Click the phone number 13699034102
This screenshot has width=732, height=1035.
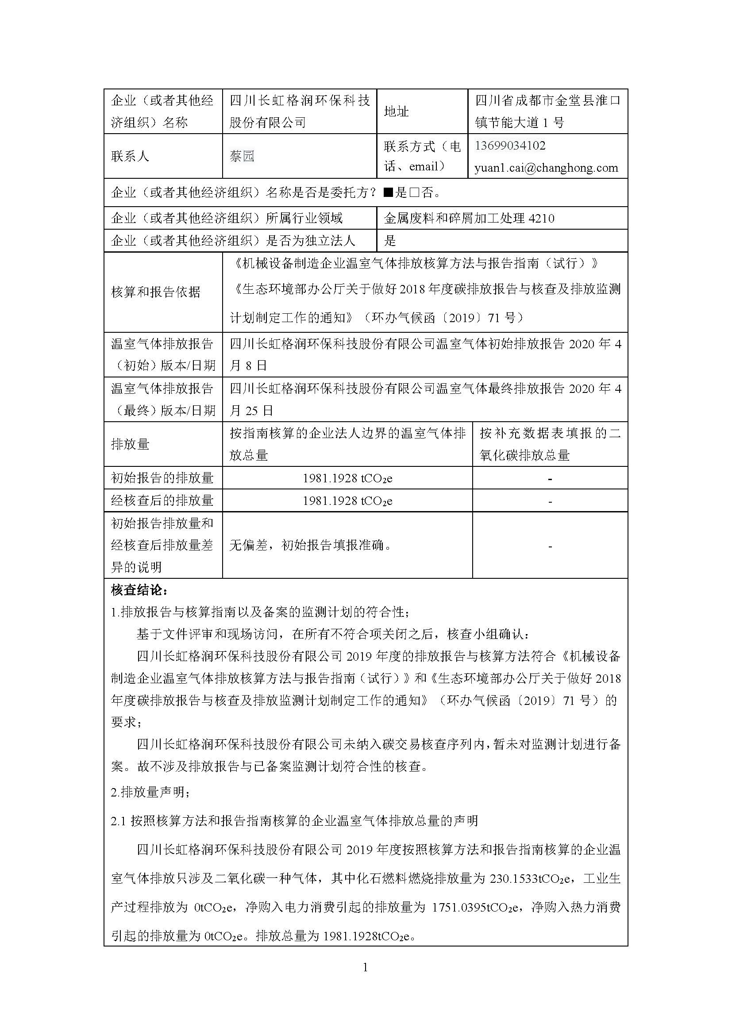[x=510, y=146]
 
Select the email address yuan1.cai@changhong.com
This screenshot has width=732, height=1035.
[x=546, y=168]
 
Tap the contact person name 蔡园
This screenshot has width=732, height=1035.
[x=242, y=156]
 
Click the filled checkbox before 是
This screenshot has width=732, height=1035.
[x=388, y=193]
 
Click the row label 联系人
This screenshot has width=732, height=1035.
[x=130, y=156]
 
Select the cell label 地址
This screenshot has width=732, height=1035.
[x=396, y=112]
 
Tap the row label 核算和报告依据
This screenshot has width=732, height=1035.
[x=155, y=292]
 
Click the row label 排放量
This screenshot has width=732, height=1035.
[x=130, y=444]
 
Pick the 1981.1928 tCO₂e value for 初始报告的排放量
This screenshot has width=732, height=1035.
[x=347, y=478]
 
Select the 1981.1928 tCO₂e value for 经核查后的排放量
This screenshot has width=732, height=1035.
[x=347, y=501]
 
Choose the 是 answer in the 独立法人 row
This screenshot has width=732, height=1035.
[x=390, y=241]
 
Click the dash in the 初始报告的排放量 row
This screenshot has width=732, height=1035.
[x=550, y=479]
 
